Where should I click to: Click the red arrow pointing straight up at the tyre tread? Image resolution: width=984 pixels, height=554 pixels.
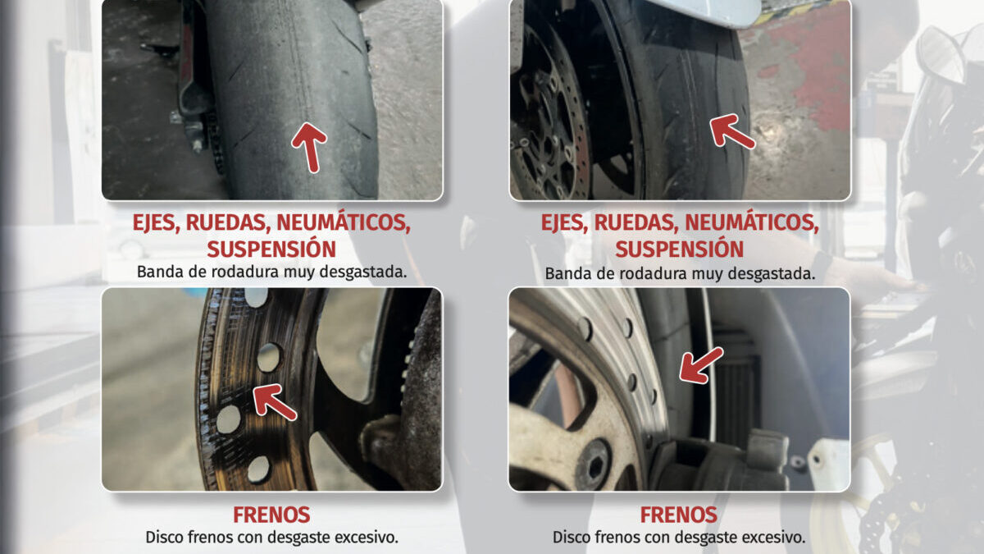pyautogui.click(x=310, y=147)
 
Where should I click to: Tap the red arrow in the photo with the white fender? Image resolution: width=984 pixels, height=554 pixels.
pyautogui.click(x=731, y=131)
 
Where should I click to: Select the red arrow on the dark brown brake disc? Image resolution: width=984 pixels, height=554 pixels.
pyautogui.click(x=274, y=401)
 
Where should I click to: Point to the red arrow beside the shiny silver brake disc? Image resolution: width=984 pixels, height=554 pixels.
pyautogui.click(x=700, y=366)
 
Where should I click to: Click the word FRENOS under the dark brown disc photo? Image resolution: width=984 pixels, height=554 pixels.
pyautogui.click(x=271, y=515)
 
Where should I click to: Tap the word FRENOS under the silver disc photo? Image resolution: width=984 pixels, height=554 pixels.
pyautogui.click(x=679, y=515)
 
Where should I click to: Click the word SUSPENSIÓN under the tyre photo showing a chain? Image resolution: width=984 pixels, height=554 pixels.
pyautogui.click(x=271, y=250)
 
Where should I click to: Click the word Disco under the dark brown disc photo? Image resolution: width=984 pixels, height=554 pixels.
pyautogui.click(x=164, y=538)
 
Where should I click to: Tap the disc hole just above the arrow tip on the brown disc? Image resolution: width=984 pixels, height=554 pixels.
pyautogui.click(x=268, y=358)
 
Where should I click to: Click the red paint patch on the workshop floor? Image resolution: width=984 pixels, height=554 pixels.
pyautogui.click(x=813, y=71)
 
